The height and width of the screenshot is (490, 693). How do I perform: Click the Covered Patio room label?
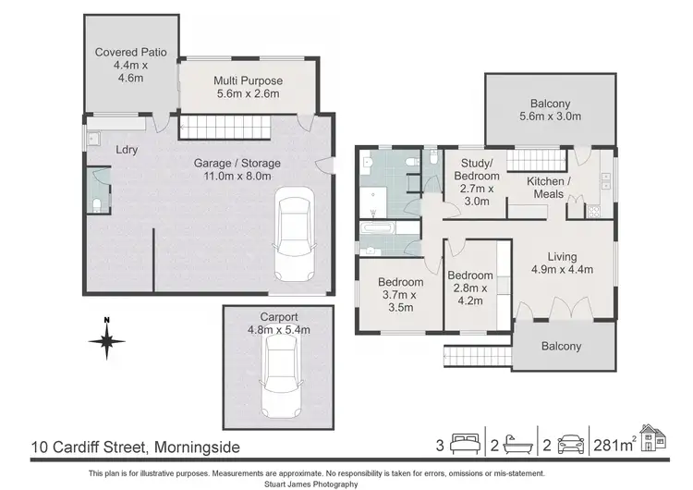(130, 65)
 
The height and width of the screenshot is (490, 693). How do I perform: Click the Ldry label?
(127, 149)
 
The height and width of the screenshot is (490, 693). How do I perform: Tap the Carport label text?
(277, 315)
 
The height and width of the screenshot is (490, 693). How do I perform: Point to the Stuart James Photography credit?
(346, 484)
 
